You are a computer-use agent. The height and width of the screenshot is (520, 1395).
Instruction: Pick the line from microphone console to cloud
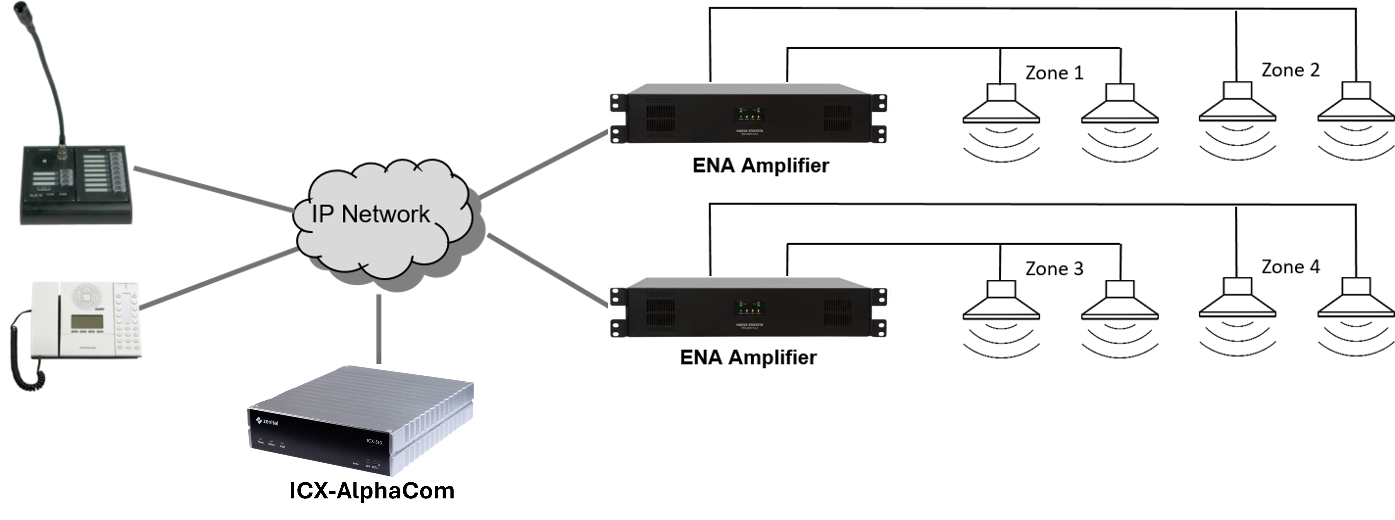point(214,190)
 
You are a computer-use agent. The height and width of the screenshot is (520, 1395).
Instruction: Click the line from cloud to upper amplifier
point(542,165)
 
